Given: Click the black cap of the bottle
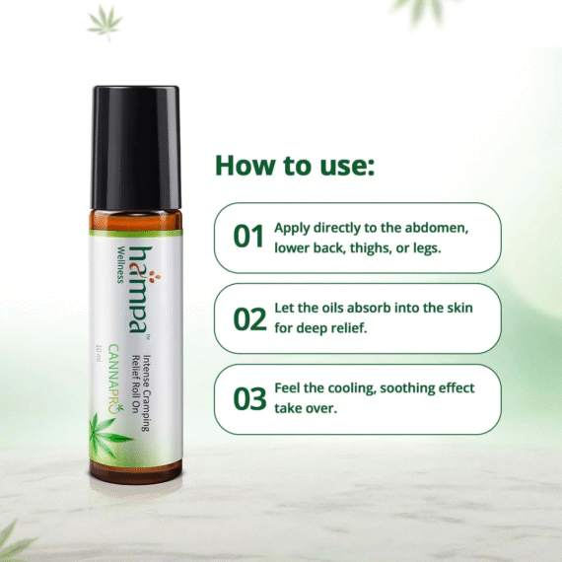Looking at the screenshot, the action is coord(136,148).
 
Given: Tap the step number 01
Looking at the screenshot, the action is coord(248,237).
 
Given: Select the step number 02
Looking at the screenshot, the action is coord(249,318).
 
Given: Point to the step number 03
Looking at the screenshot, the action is coord(249,398).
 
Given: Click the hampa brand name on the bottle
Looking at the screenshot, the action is coord(140,290).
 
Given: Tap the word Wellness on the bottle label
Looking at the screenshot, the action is coord(121,265).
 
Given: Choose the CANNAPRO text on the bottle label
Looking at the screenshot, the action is coord(114,379).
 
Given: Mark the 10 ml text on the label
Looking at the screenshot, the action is coord(100,353).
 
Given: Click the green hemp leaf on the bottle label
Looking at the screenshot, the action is coord(106,435).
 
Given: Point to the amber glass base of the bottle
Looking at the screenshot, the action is coord(136,471).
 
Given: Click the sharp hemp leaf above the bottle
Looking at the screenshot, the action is coord(105,22).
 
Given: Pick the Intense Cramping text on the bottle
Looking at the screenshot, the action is coord(147,393).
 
